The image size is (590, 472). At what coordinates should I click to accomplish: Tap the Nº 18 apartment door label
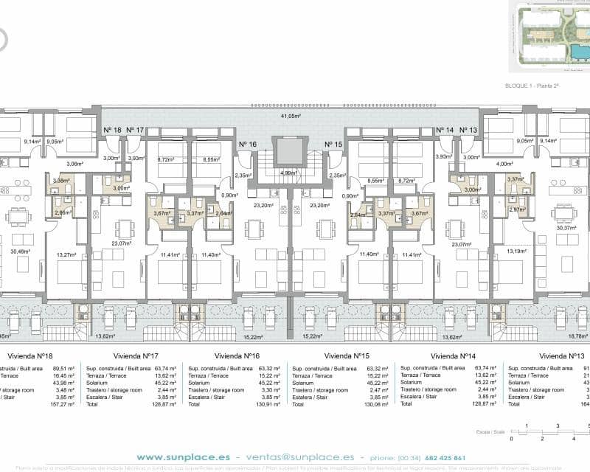pos(112,130)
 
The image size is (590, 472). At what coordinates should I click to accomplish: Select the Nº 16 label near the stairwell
pos(248,145)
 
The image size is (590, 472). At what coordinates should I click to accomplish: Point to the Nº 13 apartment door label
pos(468,130)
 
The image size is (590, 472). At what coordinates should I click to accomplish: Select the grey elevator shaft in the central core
pos(289,152)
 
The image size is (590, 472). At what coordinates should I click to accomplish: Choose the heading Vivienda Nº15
pos(347,355)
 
